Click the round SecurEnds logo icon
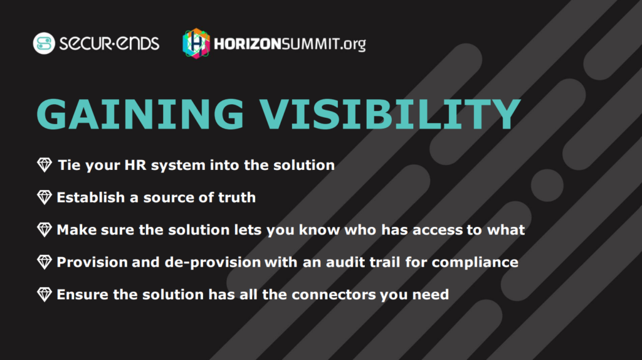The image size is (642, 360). (x=44, y=43)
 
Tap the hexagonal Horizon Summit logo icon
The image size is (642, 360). (x=196, y=43)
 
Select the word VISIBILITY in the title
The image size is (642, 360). (x=390, y=114)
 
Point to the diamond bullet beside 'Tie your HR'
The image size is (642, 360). (x=45, y=165)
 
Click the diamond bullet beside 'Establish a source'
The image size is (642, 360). (x=45, y=198)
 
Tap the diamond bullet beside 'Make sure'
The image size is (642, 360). (x=45, y=230)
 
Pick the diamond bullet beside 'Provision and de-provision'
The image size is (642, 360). (x=45, y=262)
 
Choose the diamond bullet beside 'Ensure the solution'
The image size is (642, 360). (x=45, y=295)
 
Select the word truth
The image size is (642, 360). (x=237, y=198)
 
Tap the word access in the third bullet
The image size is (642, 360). (x=437, y=230)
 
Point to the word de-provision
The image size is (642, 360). (x=213, y=263)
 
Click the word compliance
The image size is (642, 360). (x=475, y=263)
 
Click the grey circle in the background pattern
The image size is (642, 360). (x=547, y=185)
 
